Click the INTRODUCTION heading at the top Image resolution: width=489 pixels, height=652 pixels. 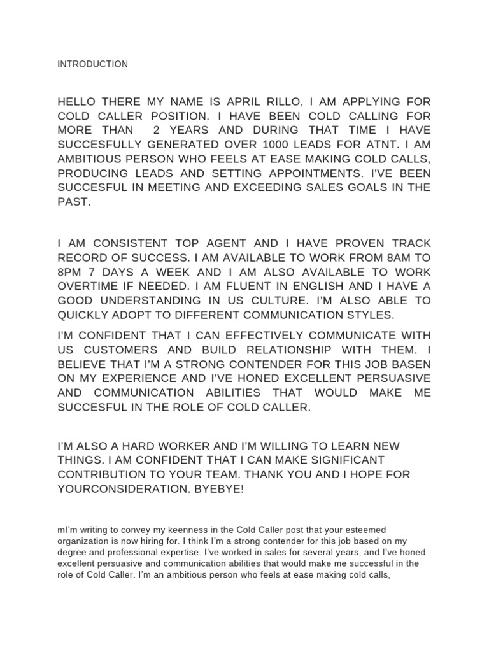coord(92,64)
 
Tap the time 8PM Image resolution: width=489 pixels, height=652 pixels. coord(71,273)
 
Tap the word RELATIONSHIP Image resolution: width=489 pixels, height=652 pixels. coord(284,350)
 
